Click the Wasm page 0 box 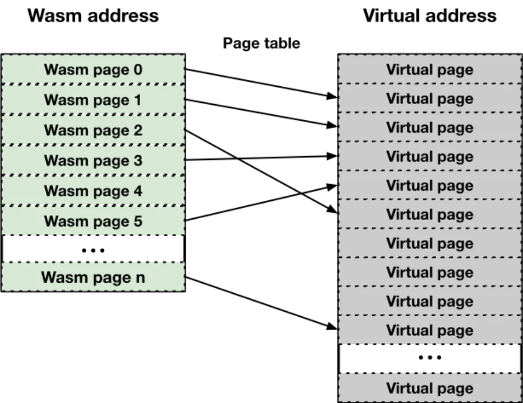pyautogui.click(x=93, y=70)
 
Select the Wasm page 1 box pyautogui.click(x=93, y=100)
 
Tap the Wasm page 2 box pyautogui.click(x=93, y=130)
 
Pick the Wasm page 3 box pyautogui.click(x=93, y=161)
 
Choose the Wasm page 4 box pyautogui.click(x=93, y=191)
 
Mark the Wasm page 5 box pyautogui.click(x=93, y=221)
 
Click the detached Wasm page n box pyautogui.click(x=93, y=277)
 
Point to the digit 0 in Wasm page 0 pyautogui.click(x=137, y=70)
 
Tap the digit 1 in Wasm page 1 pyautogui.click(x=137, y=100)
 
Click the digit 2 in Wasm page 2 pyautogui.click(x=137, y=130)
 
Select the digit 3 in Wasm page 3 pyautogui.click(x=137, y=161)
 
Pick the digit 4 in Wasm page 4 pyautogui.click(x=137, y=191)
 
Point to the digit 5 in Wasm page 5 pyautogui.click(x=137, y=221)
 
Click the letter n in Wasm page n pyautogui.click(x=140, y=278)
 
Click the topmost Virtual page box pyautogui.click(x=429, y=70)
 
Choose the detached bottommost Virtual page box pyautogui.click(x=429, y=388)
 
